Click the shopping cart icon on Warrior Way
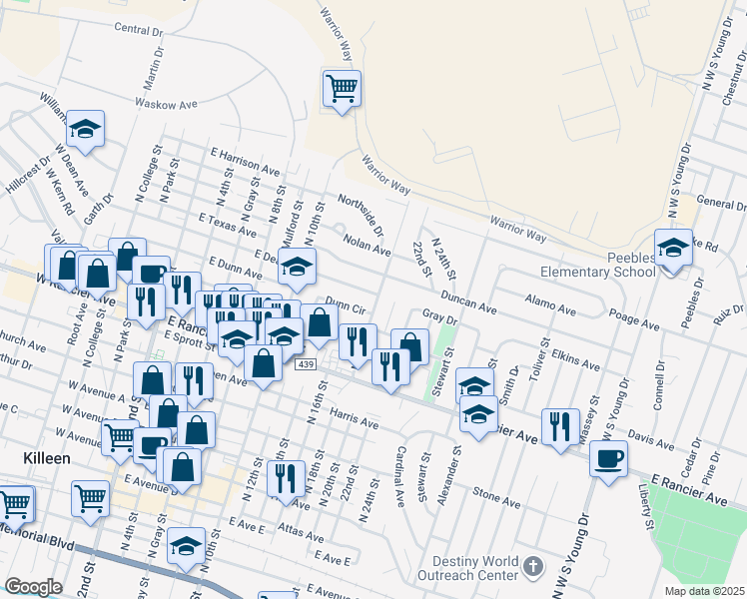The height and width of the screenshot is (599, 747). coord(342,89)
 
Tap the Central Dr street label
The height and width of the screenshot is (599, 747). coord(138,29)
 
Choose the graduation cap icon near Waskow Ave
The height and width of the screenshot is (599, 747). coord(86,130)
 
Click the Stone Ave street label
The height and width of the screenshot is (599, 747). coord(497,493)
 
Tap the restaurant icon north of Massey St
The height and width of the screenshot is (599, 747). coord(561,428)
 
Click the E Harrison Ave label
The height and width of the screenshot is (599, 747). coord(245,160)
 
